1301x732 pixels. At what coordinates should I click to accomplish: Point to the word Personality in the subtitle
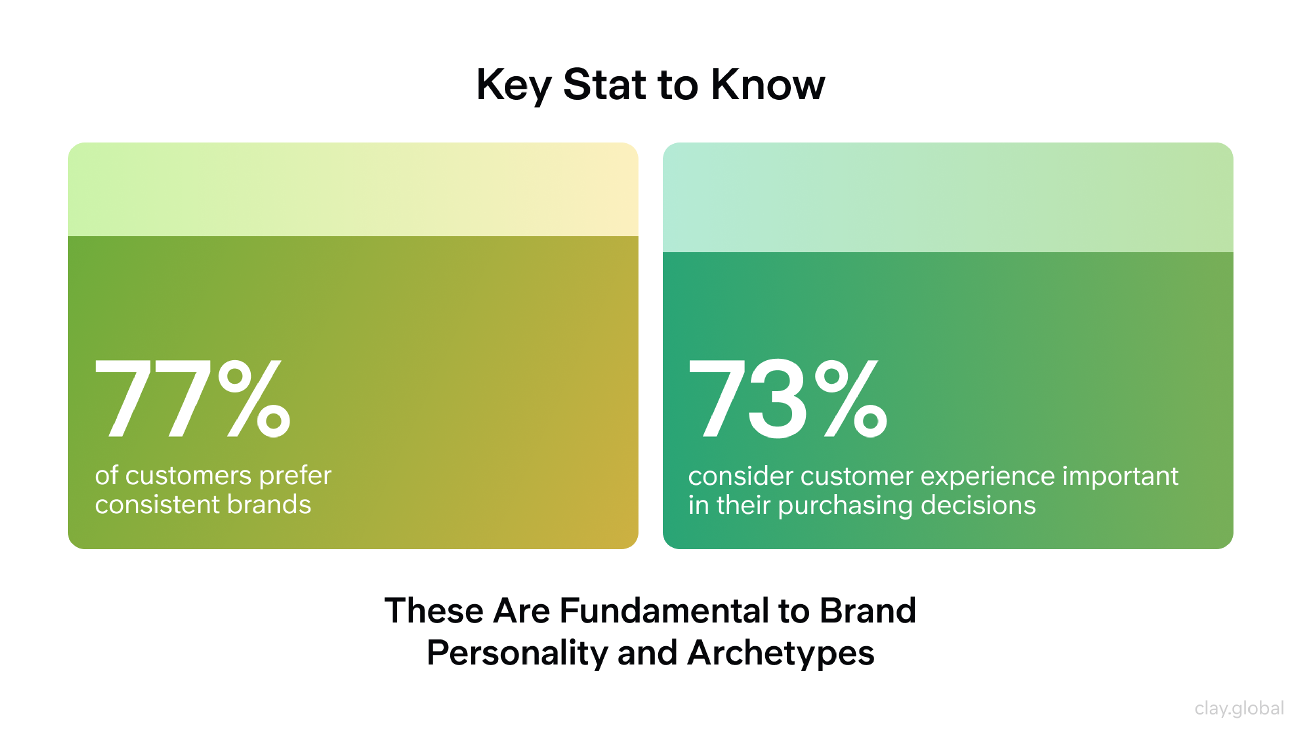coord(518,653)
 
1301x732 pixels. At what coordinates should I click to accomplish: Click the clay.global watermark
coord(1239,708)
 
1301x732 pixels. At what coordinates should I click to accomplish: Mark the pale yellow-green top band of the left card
coord(353,189)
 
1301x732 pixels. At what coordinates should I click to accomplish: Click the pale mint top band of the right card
coord(948,197)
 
